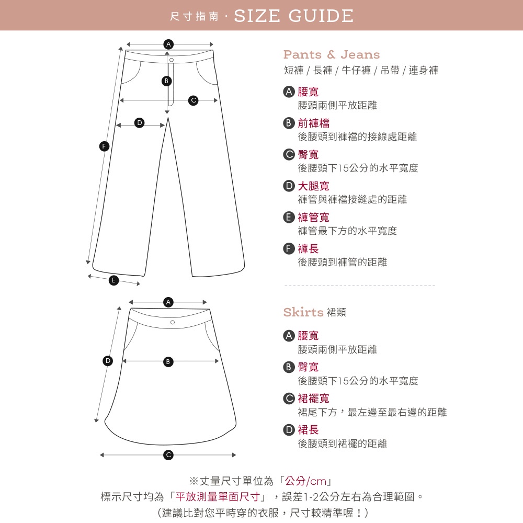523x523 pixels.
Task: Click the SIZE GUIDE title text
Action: pos(293,16)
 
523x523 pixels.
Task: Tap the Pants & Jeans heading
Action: pos(332,54)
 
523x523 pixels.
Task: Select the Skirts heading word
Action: pos(303,312)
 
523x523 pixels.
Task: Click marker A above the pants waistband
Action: pos(168,44)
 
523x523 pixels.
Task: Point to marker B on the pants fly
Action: pos(166,81)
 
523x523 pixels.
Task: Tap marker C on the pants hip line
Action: pos(193,100)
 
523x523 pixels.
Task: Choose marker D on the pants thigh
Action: pos(140,123)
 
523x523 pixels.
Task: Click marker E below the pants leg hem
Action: pos(113,280)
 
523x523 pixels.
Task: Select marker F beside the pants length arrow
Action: pos(104,146)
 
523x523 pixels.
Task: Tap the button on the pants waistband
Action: pos(172,60)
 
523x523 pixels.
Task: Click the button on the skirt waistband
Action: pos(173,322)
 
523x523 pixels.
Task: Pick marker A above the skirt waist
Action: pos(168,302)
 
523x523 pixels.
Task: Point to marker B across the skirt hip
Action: pos(168,361)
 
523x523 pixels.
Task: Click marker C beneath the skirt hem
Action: pos(168,455)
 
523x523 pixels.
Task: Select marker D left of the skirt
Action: pos(107,361)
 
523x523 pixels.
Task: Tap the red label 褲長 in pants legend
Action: pos(308,249)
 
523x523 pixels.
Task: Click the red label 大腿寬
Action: pos(313,186)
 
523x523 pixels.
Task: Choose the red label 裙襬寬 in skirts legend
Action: pos(313,398)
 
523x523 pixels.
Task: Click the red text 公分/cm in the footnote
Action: pos(306,481)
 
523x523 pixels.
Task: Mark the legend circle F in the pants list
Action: pos(289,249)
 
